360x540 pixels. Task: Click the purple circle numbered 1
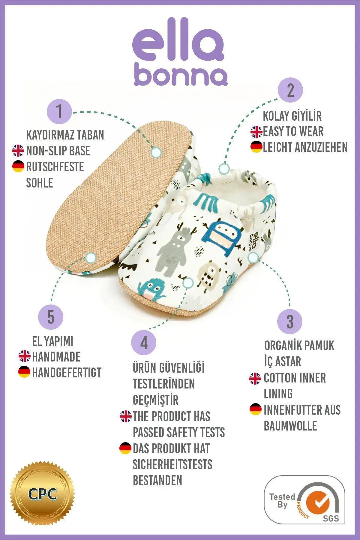click(59, 112)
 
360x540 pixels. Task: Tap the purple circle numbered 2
click(290, 90)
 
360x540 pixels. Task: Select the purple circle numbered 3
click(289, 321)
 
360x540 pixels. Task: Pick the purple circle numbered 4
click(144, 342)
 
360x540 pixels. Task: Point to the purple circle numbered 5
click(51, 317)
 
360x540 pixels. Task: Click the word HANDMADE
click(56, 357)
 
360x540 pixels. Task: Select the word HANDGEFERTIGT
click(67, 373)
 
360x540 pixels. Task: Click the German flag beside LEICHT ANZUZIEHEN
click(256, 147)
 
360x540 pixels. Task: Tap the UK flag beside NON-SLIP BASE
click(18, 151)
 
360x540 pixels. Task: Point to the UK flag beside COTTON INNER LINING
click(255, 378)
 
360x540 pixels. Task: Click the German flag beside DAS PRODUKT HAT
click(125, 448)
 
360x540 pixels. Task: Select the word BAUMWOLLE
click(290, 426)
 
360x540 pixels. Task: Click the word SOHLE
click(40, 183)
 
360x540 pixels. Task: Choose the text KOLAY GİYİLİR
click(292, 116)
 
